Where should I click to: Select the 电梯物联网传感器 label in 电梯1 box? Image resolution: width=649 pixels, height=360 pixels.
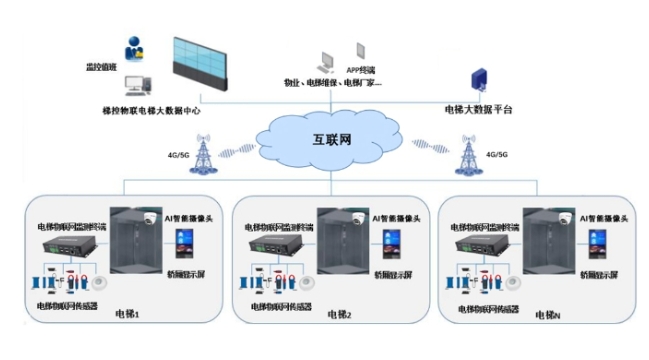(x=67, y=306)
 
